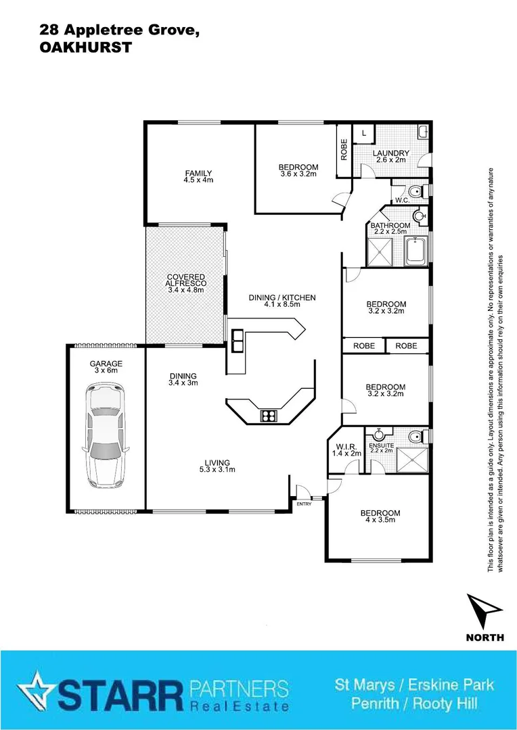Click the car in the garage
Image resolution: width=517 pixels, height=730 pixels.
pyautogui.click(x=105, y=436)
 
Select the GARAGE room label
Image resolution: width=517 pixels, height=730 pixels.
pyautogui.click(x=106, y=367)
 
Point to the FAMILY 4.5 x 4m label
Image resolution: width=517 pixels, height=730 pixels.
pyautogui.click(x=198, y=176)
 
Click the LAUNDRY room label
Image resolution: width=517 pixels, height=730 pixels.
pyautogui.click(x=390, y=156)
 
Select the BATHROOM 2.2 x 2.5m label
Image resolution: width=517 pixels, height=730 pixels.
pyautogui.click(x=390, y=228)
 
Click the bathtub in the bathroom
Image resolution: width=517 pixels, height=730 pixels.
pyautogui.click(x=416, y=253)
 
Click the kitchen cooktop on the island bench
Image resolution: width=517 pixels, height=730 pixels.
pyautogui.click(x=268, y=416)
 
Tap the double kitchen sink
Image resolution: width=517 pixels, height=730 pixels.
pyautogui.click(x=238, y=340)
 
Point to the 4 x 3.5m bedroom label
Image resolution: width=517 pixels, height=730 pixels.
pyautogui.click(x=380, y=516)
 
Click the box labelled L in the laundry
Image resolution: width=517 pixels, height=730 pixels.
pyautogui.click(x=364, y=134)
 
